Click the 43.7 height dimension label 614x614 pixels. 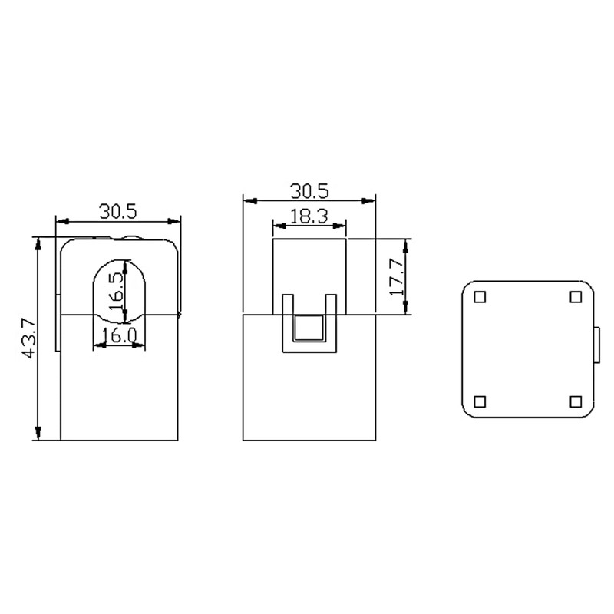[x=28, y=339]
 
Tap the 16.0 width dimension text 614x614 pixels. [x=120, y=335]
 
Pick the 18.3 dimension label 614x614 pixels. [x=309, y=216]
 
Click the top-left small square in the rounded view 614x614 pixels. [x=480, y=297]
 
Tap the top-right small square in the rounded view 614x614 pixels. [x=576, y=297]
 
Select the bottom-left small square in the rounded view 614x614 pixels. [x=480, y=401]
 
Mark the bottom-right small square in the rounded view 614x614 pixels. [x=576, y=401]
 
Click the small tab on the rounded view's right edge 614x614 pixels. [x=598, y=346]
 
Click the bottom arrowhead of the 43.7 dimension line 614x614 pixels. [x=37, y=435]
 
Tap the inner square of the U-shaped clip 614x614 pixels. [x=309, y=328]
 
